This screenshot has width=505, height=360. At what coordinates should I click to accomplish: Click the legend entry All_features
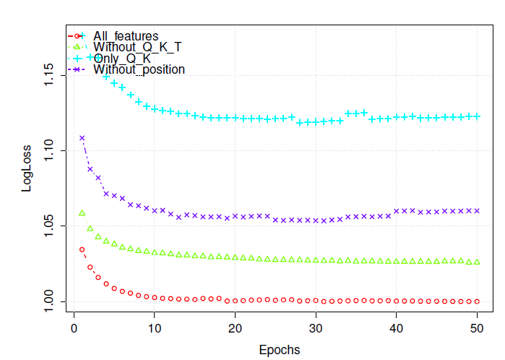[125, 36]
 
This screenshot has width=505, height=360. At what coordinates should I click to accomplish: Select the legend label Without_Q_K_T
[137, 47]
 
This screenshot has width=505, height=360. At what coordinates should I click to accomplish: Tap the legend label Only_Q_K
[121, 59]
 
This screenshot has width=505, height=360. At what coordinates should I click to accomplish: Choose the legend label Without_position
[139, 69]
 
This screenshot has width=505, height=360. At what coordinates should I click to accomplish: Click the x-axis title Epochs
[279, 350]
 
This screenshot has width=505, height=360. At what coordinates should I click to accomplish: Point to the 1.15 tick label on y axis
[48, 75]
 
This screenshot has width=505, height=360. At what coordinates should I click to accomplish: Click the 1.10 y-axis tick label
[48, 150]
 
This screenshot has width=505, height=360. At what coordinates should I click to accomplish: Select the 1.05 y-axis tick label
[48, 226]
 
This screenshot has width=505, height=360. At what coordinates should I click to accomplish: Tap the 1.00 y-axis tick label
[48, 301]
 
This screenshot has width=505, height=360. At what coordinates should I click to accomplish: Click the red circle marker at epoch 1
[82, 249]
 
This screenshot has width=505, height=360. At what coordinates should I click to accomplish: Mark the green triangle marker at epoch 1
[82, 213]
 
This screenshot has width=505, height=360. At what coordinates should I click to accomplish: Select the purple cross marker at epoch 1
[82, 137]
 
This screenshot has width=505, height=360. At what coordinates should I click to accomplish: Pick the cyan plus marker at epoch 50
[477, 116]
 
